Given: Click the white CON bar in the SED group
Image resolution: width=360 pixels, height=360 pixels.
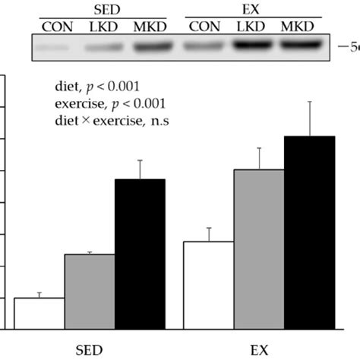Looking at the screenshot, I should coord(39,313).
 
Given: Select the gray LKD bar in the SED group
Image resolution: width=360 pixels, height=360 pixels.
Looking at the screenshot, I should coord(90,292).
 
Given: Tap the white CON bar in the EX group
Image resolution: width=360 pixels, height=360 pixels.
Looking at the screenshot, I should coord(209,285).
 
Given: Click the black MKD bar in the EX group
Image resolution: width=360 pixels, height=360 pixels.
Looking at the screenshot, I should coord(309,232).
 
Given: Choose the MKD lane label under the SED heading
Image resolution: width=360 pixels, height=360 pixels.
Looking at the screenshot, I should coord(147,27).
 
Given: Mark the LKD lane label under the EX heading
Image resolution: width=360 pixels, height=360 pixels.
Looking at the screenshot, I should coord(252,27).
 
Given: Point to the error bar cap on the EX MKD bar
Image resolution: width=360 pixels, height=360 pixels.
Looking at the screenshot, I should coord(309,102).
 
